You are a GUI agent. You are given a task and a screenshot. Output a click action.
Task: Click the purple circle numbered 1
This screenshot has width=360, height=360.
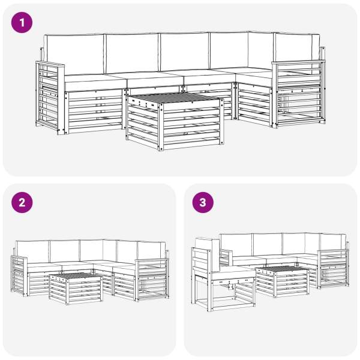coord(22,23)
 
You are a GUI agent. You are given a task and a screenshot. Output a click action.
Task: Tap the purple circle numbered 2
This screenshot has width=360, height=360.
coord(22,203)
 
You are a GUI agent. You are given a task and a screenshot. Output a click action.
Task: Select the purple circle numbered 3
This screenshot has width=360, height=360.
coord(203,203)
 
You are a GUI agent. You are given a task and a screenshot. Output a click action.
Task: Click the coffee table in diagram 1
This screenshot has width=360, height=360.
coord(175,121)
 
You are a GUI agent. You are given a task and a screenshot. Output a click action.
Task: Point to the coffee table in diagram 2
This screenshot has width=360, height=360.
coord(76,288)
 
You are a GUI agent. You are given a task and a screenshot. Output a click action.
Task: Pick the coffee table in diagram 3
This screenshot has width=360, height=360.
coord(282,281)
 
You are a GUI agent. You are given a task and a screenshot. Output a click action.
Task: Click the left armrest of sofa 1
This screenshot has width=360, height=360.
coord(50,98)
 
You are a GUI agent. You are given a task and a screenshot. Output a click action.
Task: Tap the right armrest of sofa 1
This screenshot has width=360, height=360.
coord(298,94)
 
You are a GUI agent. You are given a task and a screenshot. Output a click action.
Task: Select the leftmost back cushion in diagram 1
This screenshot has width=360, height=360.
coord(74,55)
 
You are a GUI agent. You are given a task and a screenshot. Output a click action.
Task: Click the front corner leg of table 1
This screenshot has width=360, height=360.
coord(161,127)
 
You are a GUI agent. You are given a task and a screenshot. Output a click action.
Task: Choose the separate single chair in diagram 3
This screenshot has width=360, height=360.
coord(223,275)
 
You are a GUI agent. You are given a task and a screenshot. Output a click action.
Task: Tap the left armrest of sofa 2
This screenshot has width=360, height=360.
coord(19,276)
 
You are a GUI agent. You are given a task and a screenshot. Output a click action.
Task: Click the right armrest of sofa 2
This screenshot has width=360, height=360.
coord(152,280)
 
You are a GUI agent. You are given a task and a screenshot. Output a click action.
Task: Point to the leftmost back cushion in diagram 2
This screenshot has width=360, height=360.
coord(33,252)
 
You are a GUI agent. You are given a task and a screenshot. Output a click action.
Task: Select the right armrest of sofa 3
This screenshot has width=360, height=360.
coord(334,269)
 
